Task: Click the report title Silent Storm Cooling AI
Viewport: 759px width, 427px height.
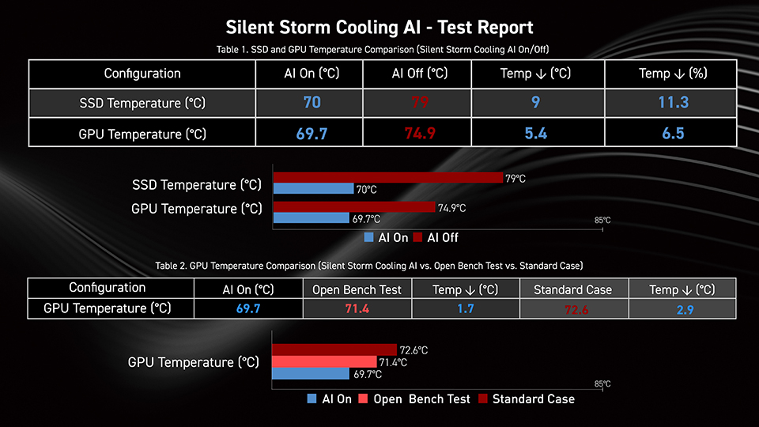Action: click(379, 28)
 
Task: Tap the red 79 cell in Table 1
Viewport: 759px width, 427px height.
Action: click(420, 103)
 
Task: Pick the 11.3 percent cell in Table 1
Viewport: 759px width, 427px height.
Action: click(674, 103)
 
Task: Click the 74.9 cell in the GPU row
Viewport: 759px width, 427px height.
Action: click(420, 133)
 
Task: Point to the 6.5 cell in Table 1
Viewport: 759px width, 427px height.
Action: click(674, 133)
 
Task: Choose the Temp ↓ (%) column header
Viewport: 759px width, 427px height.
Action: click(674, 74)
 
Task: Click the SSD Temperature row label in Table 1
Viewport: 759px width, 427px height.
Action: click(142, 103)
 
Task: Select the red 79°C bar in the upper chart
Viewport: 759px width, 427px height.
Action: click(387, 178)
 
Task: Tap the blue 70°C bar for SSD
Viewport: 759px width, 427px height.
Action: click(313, 189)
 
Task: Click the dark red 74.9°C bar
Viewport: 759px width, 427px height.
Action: click(353, 207)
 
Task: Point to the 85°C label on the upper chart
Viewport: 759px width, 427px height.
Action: click(602, 221)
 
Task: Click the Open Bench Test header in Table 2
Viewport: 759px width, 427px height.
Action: click(357, 289)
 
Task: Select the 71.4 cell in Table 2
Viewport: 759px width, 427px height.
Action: click(357, 308)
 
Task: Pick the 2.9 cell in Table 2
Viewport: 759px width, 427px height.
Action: click(682, 308)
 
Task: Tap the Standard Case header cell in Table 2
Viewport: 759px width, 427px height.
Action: click(573, 289)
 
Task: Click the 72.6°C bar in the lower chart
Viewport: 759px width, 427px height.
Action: click(334, 350)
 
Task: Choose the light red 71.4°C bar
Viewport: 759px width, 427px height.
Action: click(324, 361)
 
